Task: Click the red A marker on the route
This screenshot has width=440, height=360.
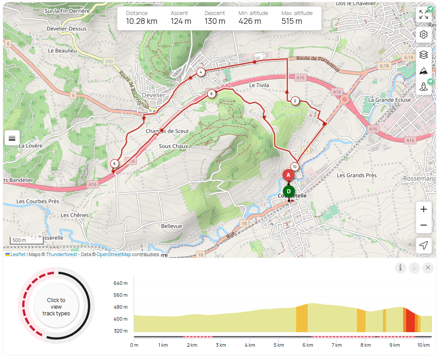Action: pos(288,175)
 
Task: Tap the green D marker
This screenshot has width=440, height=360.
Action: pos(289,191)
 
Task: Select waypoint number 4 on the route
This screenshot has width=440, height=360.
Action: pos(201,72)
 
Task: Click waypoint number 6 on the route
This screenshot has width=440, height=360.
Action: pos(115,164)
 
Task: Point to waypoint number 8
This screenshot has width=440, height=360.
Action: pos(212,93)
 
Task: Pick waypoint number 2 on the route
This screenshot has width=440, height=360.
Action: pos(295,101)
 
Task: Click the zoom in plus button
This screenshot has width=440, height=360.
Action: pos(424,209)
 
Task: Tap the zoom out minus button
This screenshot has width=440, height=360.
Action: pos(424,225)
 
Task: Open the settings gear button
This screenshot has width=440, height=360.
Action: pos(424,34)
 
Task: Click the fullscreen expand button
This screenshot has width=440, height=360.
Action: pos(424,15)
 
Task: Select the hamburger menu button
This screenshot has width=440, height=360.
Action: pos(12,138)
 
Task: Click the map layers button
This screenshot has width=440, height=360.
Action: pos(424,54)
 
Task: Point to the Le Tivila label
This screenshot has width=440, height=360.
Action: pos(259,85)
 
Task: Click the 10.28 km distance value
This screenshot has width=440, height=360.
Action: pos(142,21)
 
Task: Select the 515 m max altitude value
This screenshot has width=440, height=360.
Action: pos(292,21)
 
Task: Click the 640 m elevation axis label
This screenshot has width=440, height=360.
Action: pos(120,283)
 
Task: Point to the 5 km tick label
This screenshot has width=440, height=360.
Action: pos(278,345)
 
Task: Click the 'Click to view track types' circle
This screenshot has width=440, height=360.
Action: pos(56,306)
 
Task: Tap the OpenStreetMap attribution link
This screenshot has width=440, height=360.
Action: pos(114,255)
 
